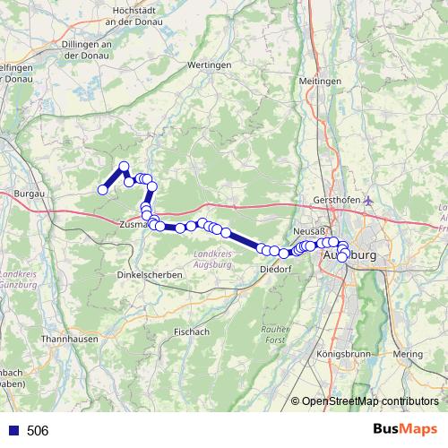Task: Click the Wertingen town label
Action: point(211,65)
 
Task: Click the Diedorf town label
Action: point(275,269)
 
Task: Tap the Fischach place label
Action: point(191,331)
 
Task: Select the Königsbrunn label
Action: point(343,355)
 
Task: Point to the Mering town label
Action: point(407,355)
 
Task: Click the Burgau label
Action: point(30,193)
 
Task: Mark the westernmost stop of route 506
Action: point(103,189)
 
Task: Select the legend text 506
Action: point(38,431)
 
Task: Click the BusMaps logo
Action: point(404,430)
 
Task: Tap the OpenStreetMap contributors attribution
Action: point(369,401)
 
